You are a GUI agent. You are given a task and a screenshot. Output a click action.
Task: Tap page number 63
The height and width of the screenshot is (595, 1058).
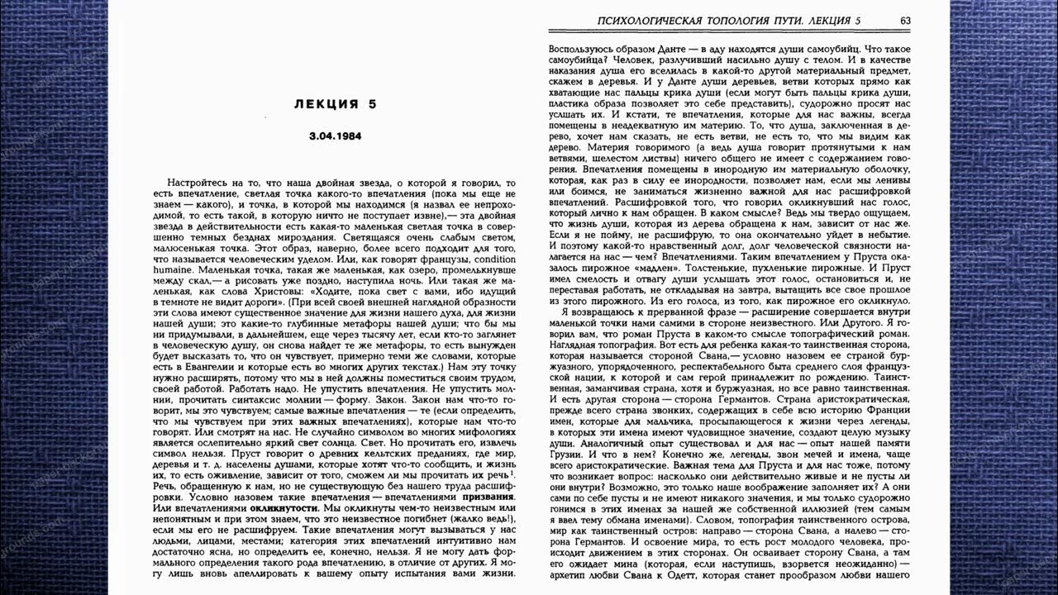pyautogui.click(x=905, y=21)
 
